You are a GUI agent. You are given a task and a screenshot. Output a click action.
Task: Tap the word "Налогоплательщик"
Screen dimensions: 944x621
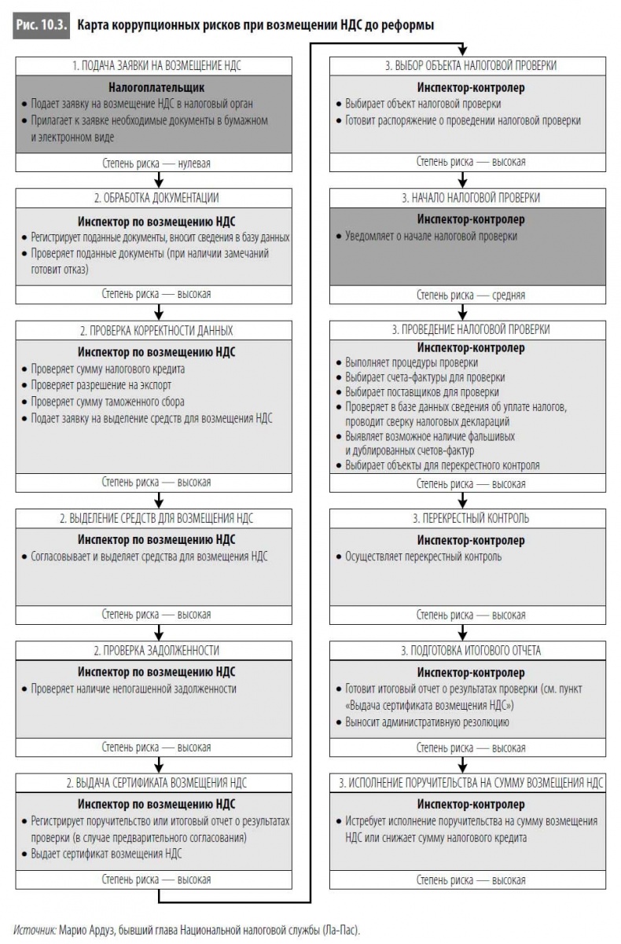[156, 86]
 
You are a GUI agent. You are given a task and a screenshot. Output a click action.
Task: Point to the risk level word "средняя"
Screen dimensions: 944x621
[509, 296]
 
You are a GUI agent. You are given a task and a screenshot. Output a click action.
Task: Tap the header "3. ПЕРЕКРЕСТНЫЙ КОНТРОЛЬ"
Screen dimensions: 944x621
[471, 518]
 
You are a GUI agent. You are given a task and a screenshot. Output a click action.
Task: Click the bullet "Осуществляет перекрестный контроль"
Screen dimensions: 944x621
[423, 556]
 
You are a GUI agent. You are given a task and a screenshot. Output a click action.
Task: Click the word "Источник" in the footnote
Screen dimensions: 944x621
[35, 928]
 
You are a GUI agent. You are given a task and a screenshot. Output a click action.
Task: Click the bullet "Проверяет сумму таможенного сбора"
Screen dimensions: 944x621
[104, 402]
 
